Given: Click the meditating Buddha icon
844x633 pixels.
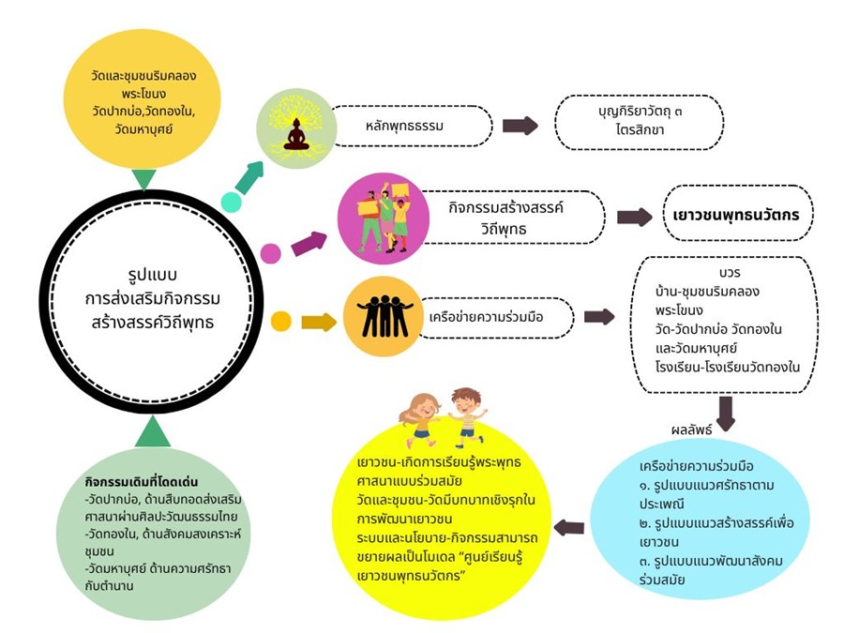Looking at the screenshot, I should click(296, 135).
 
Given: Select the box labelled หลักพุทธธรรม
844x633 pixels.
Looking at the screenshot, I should click(413, 126).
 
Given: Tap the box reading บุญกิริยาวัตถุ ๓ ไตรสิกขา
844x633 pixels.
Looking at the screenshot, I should click(640, 122).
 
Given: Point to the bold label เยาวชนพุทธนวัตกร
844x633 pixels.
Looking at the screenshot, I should click(736, 215).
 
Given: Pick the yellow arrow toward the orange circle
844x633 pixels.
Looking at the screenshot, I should click(319, 323).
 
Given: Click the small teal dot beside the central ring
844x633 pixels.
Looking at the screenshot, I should click(231, 202).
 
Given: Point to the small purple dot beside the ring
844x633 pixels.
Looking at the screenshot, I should click(271, 252).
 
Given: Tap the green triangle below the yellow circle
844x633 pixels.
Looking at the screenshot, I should click(143, 179).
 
